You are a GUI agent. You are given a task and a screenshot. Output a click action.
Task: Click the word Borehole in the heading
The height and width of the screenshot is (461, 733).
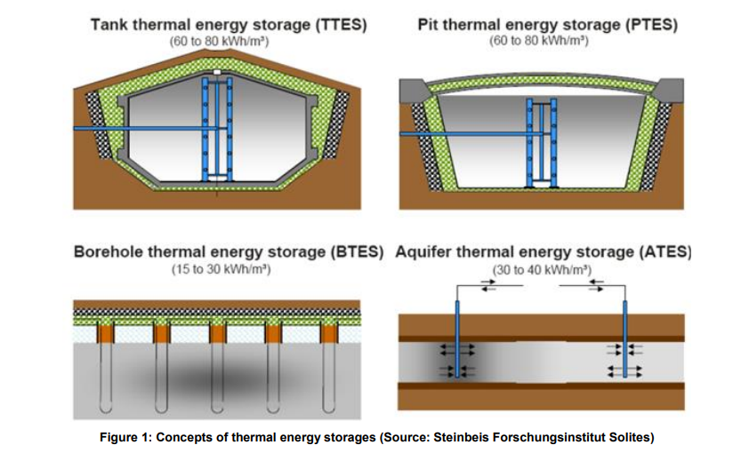pos(108,252)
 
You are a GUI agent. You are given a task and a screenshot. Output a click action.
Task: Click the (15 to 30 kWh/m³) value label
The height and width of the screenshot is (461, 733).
pos(221,268)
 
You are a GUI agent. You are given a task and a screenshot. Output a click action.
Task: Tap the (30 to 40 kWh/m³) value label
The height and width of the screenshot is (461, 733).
pos(542,268)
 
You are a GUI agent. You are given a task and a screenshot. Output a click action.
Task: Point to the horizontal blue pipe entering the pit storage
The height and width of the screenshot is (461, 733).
pos(463,134)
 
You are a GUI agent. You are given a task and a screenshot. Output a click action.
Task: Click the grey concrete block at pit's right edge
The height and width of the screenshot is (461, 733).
pos(671,89)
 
